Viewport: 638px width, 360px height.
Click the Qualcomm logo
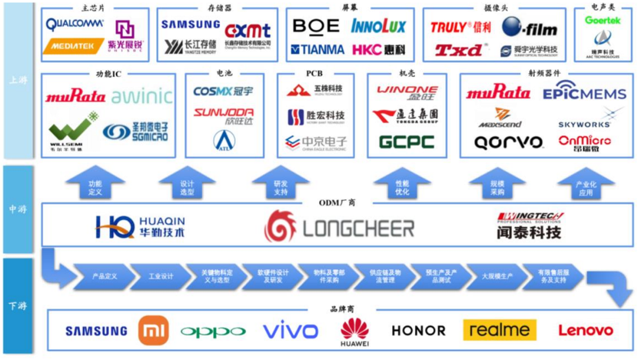point(75,24)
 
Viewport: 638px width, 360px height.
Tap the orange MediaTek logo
point(73,46)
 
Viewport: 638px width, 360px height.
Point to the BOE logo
point(315,26)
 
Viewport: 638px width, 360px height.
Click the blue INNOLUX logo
point(378,26)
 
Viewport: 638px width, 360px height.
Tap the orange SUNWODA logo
point(224,113)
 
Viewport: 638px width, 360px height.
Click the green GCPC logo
point(406,142)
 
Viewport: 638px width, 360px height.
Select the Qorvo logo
point(497,142)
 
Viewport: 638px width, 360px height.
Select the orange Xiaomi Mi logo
point(153,332)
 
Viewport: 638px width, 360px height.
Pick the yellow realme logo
point(500,331)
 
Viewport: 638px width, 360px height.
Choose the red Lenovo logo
point(586,331)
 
